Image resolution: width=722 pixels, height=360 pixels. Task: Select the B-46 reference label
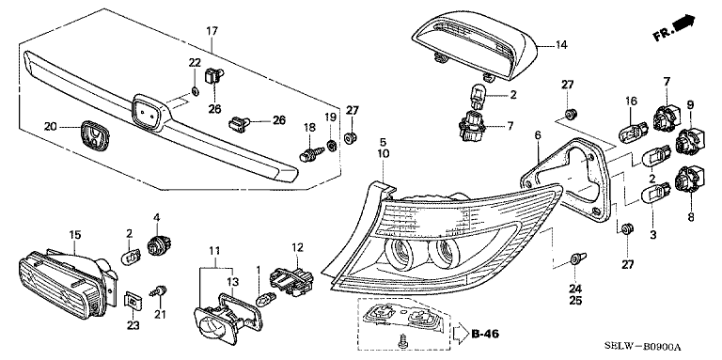click(484, 334)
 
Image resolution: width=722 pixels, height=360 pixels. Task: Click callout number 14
click(561, 45)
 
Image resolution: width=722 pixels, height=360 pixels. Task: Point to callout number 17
click(212, 32)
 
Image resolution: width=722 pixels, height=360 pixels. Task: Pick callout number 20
click(51, 126)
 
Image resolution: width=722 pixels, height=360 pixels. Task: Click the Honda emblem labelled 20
click(95, 134)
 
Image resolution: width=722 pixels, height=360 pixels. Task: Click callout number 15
click(75, 235)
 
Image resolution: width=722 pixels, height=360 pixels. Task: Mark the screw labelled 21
click(159, 291)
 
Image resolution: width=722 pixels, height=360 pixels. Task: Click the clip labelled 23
click(133, 301)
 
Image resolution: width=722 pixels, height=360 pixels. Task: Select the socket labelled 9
click(689, 139)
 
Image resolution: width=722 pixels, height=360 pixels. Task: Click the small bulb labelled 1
click(267, 301)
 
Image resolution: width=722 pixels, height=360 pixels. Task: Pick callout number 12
click(297, 247)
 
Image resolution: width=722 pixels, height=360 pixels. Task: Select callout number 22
click(195, 63)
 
